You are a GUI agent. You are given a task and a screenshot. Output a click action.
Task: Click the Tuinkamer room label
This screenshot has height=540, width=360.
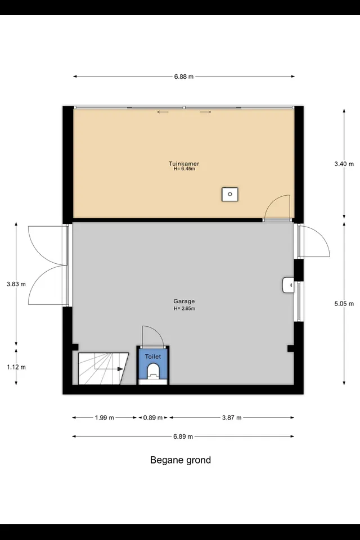(x=184, y=164)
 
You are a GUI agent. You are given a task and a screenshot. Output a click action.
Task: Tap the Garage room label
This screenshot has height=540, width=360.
(x=184, y=301)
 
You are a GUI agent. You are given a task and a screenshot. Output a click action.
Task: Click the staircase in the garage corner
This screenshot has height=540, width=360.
(x=103, y=368)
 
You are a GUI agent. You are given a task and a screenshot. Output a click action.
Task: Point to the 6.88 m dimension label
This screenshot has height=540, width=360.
(x=183, y=77)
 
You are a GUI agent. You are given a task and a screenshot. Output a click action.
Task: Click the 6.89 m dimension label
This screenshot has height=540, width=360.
(x=183, y=436)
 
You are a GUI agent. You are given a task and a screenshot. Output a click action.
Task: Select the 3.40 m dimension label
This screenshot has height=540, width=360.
(x=344, y=164)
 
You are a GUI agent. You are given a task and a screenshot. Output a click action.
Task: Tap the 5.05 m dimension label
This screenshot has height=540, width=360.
(x=344, y=304)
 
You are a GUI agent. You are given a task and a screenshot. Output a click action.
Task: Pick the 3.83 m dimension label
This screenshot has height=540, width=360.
(x=16, y=284)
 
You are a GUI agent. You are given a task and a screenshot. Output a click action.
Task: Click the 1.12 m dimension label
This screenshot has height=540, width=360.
(x=16, y=367)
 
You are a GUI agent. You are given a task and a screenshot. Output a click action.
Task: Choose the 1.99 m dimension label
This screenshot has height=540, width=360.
(x=105, y=418)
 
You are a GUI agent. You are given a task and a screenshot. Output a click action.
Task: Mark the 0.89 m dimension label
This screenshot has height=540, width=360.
(x=153, y=418)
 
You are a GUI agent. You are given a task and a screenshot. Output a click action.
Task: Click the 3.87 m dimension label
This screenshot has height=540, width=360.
(x=232, y=418)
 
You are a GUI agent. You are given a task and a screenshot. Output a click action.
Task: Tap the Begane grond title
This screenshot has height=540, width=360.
(x=181, y=460)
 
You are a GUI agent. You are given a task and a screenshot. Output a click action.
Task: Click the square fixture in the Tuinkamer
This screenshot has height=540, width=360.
(x=229, y=194)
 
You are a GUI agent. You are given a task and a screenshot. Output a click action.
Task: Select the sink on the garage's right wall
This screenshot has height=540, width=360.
(x=289, y=285)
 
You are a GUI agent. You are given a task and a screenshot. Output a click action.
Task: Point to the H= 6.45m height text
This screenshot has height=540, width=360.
(x=184, y=169)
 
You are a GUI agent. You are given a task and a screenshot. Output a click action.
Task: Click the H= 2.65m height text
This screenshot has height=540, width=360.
(x=184, y=309)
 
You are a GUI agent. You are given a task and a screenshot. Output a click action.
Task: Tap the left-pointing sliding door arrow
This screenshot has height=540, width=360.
(x=163, y=112)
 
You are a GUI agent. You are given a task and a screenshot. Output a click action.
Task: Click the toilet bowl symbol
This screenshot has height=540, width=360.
(x=153, y=372)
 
